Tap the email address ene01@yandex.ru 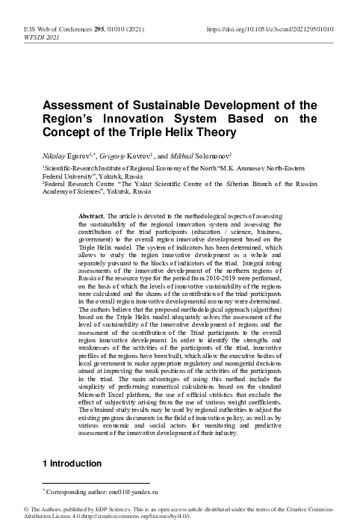point(135,493)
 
